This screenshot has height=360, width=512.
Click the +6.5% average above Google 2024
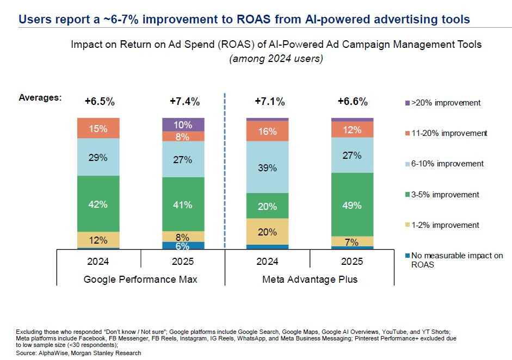tap(98, 101)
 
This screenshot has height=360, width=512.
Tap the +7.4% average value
tap(184, 101)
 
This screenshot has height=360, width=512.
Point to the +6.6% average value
tap(352, 101)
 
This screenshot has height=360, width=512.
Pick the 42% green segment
tap(98, 204)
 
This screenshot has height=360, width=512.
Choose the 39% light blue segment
tap(267, 167)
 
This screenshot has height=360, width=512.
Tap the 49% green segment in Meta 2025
tap(352, 204)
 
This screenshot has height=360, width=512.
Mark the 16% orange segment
tap(267, 131)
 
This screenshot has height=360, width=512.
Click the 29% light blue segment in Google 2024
tap(98, 157)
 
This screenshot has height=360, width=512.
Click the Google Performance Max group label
tap(140, 280)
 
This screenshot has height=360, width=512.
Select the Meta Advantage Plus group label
tap(310, 280)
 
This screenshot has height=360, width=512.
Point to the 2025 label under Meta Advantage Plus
tap(352, 261)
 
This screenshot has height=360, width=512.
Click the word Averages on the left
tap(40, 98)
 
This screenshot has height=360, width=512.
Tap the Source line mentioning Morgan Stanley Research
tap(79, 353)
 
